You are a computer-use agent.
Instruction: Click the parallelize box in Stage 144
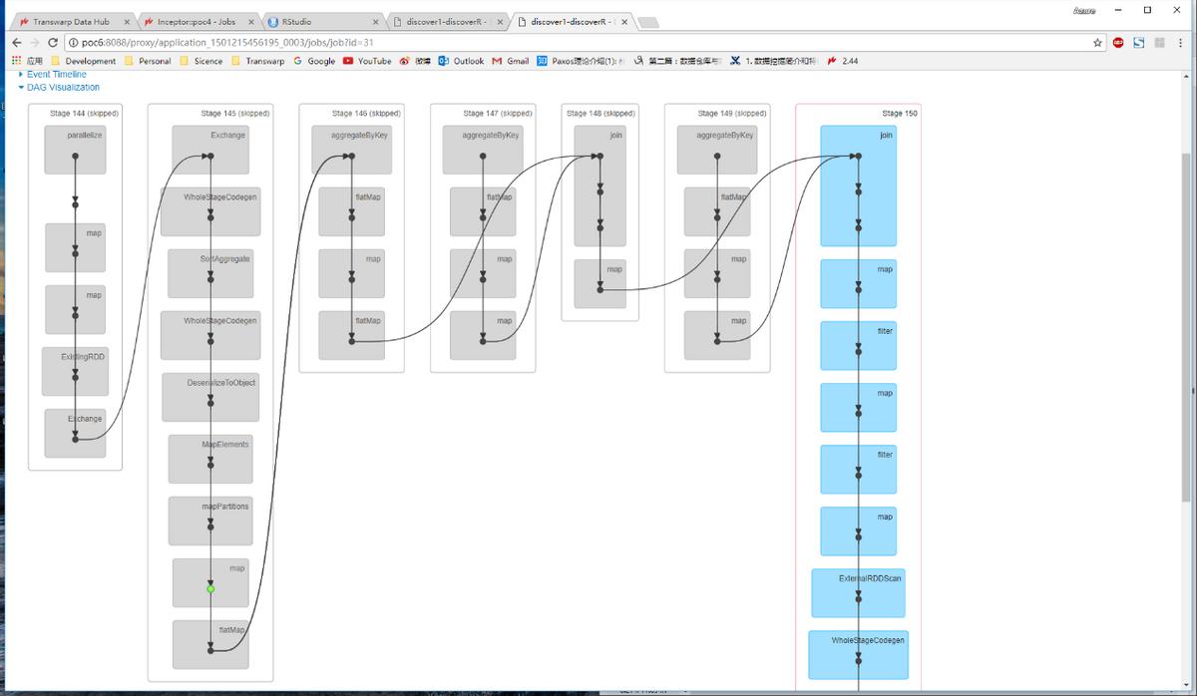[x=75, y=150]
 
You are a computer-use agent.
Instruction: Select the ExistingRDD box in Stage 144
[x=75, y=371]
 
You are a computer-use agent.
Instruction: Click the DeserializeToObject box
[x=209, y=397]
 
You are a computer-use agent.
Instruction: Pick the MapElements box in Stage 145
[x=210, y=459]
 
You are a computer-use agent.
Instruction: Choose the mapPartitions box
[x=210, y=521]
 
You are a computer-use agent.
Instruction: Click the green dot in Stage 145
[x=210, y=589]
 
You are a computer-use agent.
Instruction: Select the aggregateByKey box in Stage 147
[x=483, y=150]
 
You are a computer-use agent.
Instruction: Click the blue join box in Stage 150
[x=858, y=185]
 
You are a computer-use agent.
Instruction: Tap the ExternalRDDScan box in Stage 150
[x=858, y=593]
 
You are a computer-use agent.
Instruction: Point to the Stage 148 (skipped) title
[x=600, y=114]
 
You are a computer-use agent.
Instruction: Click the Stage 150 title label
[x=900, y=114]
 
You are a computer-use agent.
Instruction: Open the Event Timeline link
[x=56, y=75]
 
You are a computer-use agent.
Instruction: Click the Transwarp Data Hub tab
[x=71, y=21]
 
